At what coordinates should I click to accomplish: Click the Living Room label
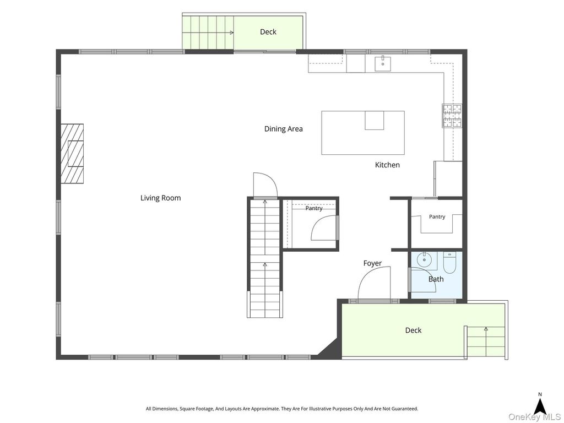coord(160,198)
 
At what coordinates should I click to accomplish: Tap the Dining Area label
coord(284,129)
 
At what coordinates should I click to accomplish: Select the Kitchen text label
coord(387,165)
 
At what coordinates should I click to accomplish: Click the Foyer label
coord(372,263)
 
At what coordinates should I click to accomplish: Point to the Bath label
coord(436,279)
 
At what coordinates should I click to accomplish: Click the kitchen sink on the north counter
coord(383,64)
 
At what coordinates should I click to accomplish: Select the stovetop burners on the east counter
coord(452,116)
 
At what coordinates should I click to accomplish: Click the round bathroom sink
coord(425,259)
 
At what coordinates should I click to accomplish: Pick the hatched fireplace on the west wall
coord(72,154)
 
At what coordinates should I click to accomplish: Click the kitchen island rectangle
coord(363,133)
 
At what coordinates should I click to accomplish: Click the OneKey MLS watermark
coord(535,417)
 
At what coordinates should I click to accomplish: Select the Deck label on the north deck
coord(268,32)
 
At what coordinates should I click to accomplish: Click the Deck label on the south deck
coord(413,330)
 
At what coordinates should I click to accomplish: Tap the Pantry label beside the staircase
coord(314,208)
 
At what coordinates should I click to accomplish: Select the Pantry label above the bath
coord(437,217)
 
